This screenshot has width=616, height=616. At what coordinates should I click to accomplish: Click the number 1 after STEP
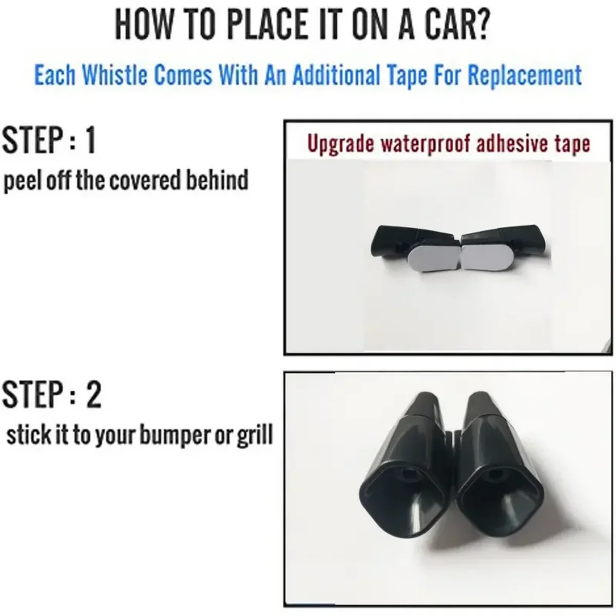pyautogui.click(x=90, y=140)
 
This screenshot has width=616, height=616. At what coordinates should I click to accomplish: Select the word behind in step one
pyautogui.click(x=217, y=180)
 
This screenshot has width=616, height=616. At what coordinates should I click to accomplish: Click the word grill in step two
pyautogui.click(x=255, y=435)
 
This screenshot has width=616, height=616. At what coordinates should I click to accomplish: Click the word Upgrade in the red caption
pyautogui.click(x=341, y=144)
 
